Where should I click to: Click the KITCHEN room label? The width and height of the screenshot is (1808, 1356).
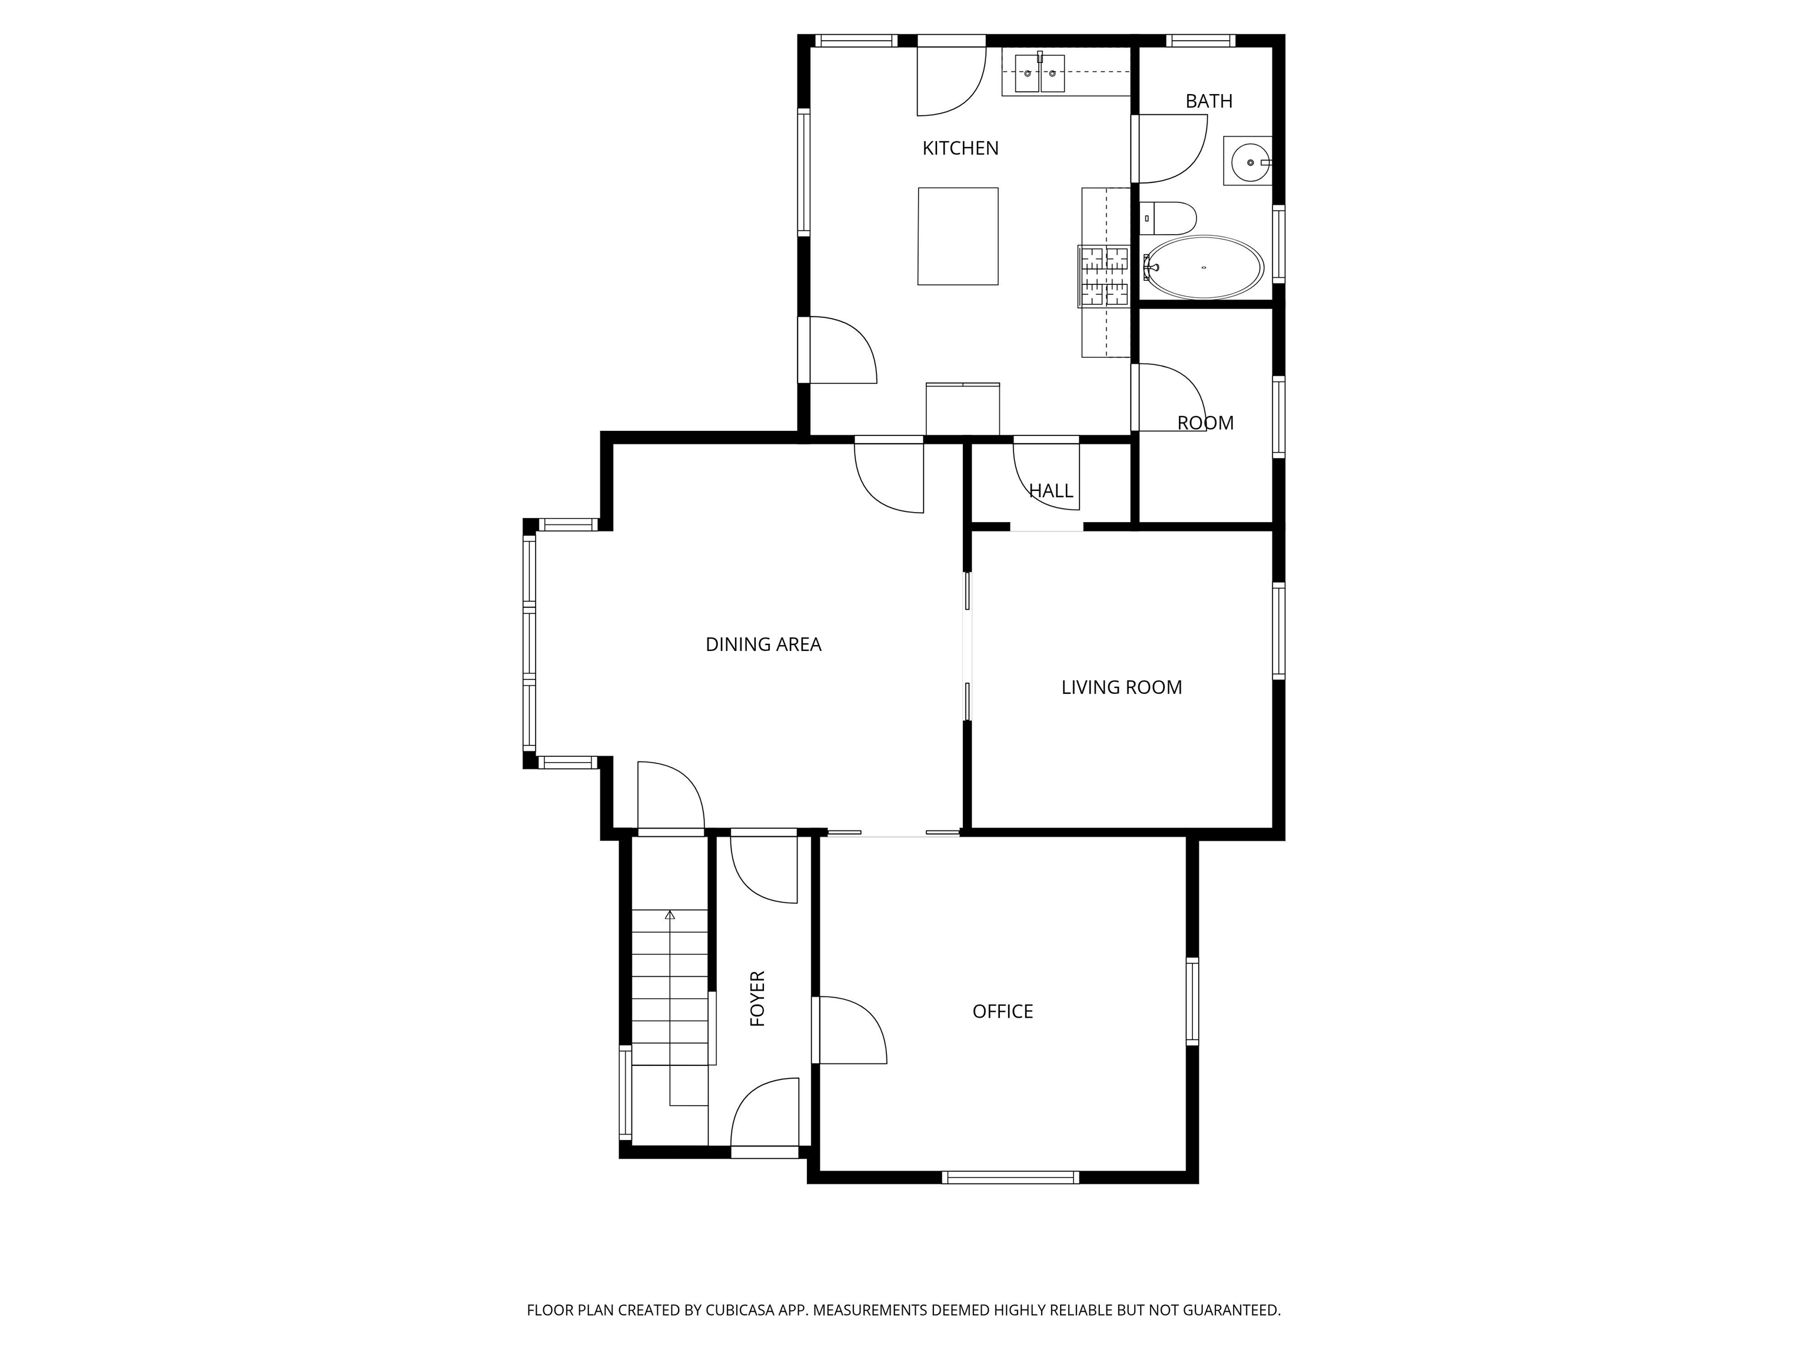tap(960, 148)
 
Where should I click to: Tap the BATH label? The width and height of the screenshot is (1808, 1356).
tap(1209, 101)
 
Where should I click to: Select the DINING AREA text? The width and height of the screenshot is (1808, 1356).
tap(763, 644)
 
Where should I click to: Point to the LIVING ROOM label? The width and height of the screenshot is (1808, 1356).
tap(1121, 687)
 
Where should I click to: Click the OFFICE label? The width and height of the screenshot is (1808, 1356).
tap(1003, 1011)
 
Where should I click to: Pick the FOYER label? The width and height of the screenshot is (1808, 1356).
tap(757, 998)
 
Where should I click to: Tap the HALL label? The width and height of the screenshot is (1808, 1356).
tap(1051, 490)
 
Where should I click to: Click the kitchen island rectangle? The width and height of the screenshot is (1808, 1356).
tap(958, 236)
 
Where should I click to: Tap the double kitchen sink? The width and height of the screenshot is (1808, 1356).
tap(1040, 74)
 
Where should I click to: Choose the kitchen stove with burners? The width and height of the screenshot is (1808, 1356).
tap(1104, 275)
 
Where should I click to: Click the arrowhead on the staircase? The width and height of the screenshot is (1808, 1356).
tap(670, 915)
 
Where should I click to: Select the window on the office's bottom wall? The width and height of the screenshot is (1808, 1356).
tap(1011, 1177)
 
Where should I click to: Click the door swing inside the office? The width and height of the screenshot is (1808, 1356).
tap(853, 1030)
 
